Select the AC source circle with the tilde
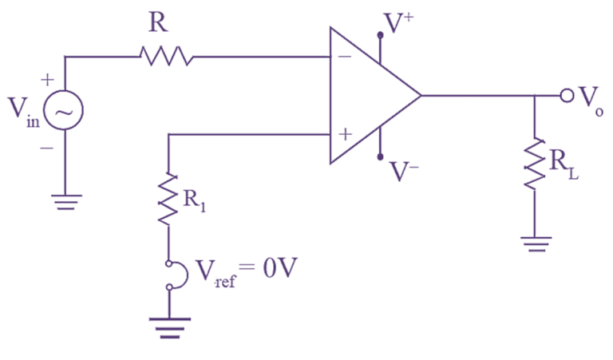[x=64, y=113]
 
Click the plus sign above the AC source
[x=47, y=80]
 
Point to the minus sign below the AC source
[x=46, y=148]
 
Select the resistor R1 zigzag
[x=168, y=200]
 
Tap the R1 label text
[x=194, y=200]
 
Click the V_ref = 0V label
[x=239, y=275]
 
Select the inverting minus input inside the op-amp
[x=343, y=57]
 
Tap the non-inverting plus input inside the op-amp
[x=344, y=134]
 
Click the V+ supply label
[x=398, y=25]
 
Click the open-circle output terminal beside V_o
[x=567, y=96]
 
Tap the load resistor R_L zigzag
[x=534, y=164]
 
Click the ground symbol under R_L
[x=534, y=244]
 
